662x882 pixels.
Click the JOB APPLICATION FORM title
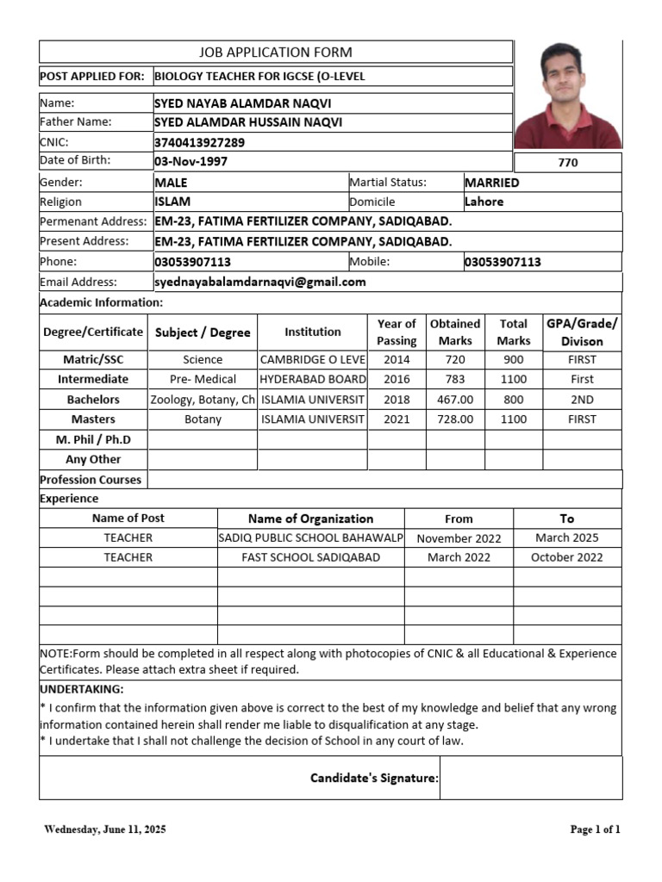(x=276, y=53)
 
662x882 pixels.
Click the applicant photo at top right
(x=568, y=95)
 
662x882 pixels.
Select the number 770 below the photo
(x=568, y=163)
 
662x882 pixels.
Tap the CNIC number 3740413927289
(x=199, y=142)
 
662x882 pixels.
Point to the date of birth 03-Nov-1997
(x=191, y=161)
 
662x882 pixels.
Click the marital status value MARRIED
(x=491, y=183)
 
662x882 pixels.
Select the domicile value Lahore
(x=484, y=202)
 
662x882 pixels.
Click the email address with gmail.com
(x=260, y=282)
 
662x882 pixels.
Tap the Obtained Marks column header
(x=455, y=332)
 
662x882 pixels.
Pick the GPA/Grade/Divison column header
(x=582, y=332)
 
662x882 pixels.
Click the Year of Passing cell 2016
(x=397, y=379)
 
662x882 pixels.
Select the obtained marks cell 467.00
(x=455, y=400)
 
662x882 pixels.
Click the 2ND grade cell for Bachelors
(x=582, y=400)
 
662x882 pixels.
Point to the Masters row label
(x=93, y=419)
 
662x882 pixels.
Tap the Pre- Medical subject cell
(x=203, y=379)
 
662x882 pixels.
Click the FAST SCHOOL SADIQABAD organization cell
(x=310, y=557)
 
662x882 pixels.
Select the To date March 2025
(x=566, y=537)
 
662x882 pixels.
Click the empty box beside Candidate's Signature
(x=530, y=779)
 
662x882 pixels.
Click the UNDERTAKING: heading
(x=82, y=690)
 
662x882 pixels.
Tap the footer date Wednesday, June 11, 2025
(x=105, y=829)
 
